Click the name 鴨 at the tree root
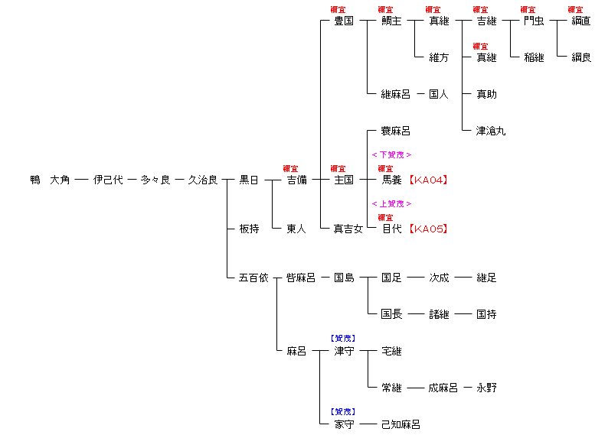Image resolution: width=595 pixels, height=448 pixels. (x=35, y=180)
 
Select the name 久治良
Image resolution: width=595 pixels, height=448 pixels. (x=203, y=180)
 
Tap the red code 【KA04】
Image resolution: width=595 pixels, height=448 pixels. (x=428, y=180)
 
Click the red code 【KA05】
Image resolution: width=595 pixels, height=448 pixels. (x=428, y=229)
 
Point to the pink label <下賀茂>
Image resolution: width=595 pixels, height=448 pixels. (x=391, y=155)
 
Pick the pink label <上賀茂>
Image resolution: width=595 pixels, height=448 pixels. (x=391, y=204)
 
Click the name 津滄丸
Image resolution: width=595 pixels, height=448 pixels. (x=491, y=131)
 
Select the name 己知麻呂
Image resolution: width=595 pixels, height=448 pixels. (x=400, y=424)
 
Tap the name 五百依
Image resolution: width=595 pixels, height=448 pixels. (x=253, y=278)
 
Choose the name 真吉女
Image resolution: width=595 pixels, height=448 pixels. (x=348, y=229)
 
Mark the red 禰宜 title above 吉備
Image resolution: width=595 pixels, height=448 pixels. (x=290, y=168)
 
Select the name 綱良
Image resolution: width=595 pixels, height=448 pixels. (x=581, y=57)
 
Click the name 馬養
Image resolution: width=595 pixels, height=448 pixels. (x=391, y=180)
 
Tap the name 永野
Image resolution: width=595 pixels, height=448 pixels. (x=486, y=388)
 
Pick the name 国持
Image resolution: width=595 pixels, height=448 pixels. (x=486, y=314)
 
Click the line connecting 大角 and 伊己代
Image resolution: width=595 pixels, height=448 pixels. (x=81, y=180)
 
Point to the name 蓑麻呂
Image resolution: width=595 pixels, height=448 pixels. (x=396, y=131)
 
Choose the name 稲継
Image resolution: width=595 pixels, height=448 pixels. (x=534, y=57)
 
